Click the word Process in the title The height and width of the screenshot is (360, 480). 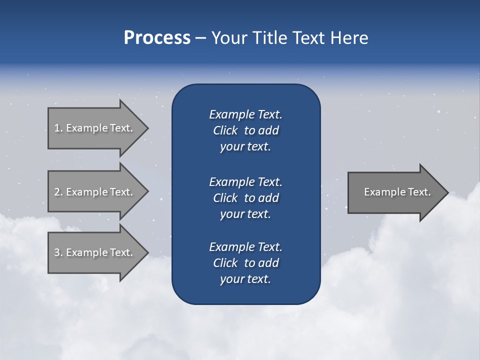point(157,38)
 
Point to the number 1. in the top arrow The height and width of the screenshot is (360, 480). point(58,128)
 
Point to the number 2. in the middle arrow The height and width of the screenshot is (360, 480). point(58,192)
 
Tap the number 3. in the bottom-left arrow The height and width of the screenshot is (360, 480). point(58,252)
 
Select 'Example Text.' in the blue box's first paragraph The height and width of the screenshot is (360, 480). point(245,114)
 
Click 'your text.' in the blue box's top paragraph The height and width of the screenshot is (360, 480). point(245,147)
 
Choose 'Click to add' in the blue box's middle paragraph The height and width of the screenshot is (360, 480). point(245,198)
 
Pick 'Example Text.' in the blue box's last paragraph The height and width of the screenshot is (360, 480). point(245,247)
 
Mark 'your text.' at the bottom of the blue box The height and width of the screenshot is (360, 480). point(245,279)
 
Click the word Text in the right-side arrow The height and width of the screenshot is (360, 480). point(420,192)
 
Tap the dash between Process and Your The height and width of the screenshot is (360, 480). point(200,38)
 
